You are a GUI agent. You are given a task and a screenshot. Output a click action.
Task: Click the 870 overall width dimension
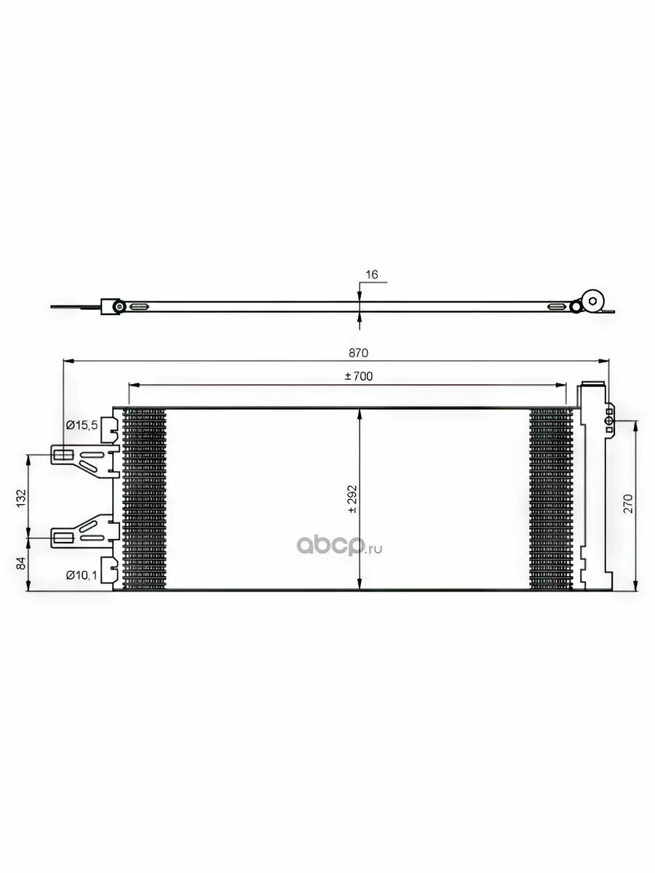[x=359, y=353]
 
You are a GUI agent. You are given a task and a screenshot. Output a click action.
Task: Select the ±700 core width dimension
[x=359, y=376]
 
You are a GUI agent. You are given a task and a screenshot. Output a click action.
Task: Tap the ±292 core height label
[x=353, y=500]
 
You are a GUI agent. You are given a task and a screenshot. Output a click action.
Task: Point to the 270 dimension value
[x=628, y=503]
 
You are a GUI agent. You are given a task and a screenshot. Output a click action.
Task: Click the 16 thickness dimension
[x=372, y=274]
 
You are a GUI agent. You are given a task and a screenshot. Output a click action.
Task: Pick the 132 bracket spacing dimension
[x=21, y=498]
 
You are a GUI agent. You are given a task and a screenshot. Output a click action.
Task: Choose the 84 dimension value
[x=21, y=563]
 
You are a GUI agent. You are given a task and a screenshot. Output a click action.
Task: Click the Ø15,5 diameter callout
[x=82, y=425]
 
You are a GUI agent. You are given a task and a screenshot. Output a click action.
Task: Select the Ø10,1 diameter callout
[x=82, y=575]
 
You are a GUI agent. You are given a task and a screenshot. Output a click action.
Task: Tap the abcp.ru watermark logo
[x=339, y=546]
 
